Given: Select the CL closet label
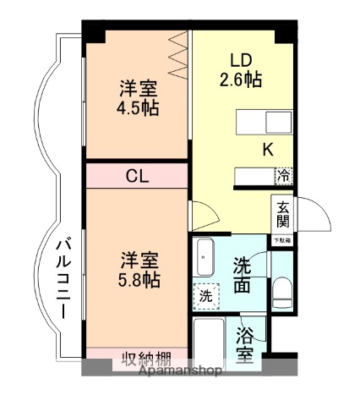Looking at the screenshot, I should tap(137, 176).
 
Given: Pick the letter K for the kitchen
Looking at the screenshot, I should tap(267, 151).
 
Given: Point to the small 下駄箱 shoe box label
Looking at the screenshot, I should tap(281, 240).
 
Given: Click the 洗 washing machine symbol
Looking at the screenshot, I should tap(205, 297).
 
